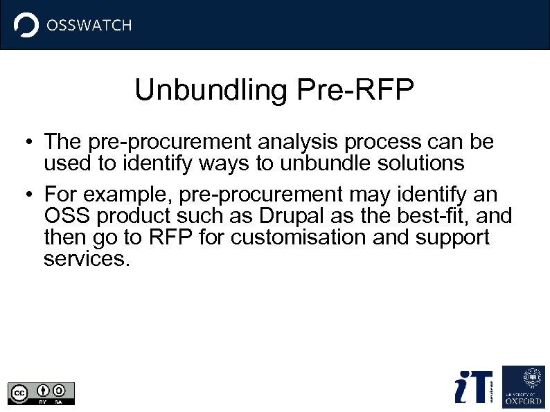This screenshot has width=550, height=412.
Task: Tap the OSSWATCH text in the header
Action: click(88, 26)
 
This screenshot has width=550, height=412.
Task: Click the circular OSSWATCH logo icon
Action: click(26, 25)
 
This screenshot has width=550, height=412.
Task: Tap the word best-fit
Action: click(427, 216)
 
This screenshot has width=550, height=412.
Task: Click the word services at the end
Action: click(86, 259)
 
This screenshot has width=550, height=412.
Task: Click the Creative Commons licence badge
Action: click(41, 393)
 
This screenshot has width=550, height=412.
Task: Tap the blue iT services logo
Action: click(473, 386)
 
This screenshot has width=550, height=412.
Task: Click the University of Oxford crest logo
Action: click(523, 386)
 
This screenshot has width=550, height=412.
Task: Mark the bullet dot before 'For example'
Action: click(24, 195)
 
